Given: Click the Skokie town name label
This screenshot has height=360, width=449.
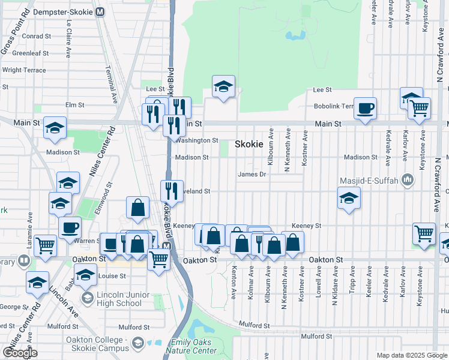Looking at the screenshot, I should click(x=249, y=144).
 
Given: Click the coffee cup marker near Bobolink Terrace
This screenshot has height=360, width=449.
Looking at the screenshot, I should click(x=365, y=109).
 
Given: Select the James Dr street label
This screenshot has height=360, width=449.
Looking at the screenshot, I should click(x=252, y=175).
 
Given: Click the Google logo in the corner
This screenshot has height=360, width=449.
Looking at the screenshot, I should click(x=20, y=352).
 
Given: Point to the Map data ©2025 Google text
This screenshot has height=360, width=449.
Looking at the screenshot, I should click(x=411, y=355).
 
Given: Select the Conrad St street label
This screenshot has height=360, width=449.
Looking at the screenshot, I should click(x=36, y=36).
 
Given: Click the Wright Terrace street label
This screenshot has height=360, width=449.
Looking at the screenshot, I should click(x=24, y=70).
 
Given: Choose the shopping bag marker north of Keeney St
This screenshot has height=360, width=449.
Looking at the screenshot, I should click(x=138, y=208).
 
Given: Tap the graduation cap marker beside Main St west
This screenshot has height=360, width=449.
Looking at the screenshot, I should click(x=55, y=128).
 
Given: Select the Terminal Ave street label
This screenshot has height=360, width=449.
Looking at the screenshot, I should click(x=112, y=81).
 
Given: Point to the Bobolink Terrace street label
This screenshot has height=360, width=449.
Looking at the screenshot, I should click(x=334, y=106).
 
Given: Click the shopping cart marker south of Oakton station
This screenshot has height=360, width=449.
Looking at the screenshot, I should click(x=158, y=260).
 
